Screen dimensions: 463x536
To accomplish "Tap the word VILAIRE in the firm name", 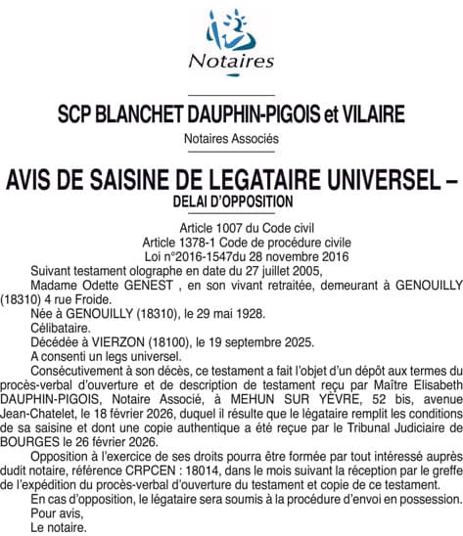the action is (372, 114).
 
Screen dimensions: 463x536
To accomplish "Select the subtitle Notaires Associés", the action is (231, 139).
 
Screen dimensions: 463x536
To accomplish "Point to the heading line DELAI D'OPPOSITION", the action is (231, 201).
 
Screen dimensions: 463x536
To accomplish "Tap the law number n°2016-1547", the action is (205, 255).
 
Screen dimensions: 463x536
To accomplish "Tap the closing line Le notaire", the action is (59, 525).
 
